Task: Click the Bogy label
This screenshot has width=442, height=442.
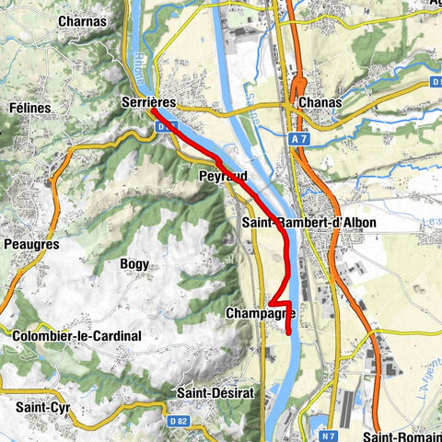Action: pos(134,263)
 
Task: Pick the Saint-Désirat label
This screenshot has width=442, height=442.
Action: pos(209,392)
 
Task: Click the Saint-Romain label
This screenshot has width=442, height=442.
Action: pos(402,436)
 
